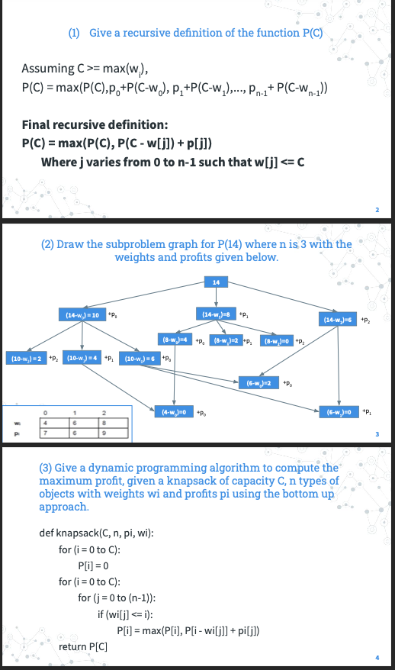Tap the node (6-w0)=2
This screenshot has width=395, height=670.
tap(257, 382)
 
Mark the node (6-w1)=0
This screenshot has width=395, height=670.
tap(339, 412)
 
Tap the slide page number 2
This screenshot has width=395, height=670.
tap(376, 208)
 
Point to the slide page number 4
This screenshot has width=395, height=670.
tap(376, 658)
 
